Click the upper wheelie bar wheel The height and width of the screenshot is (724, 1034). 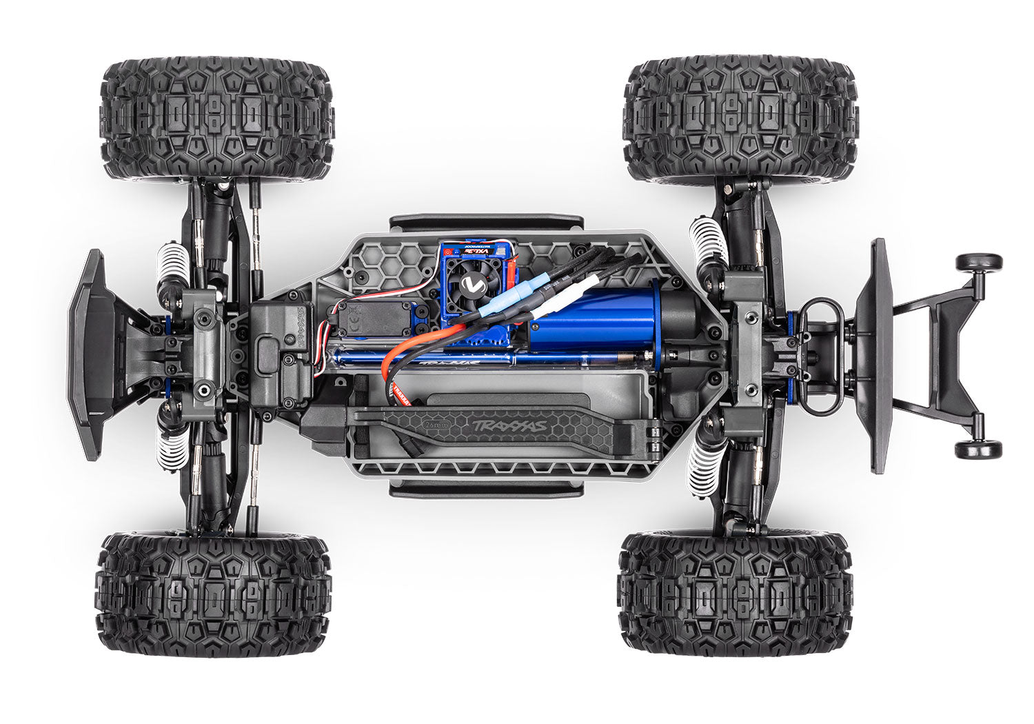coord(978,262)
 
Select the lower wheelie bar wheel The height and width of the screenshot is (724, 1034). coord(978,450)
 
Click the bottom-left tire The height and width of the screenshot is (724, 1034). coord(214,593)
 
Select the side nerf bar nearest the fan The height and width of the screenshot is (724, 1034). coord(486,222)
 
